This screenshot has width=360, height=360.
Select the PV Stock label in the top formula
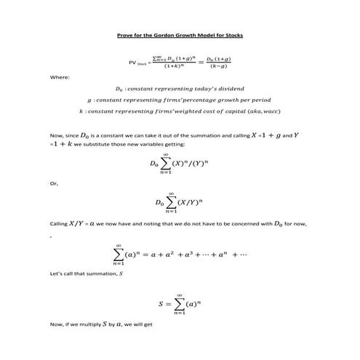138,63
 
